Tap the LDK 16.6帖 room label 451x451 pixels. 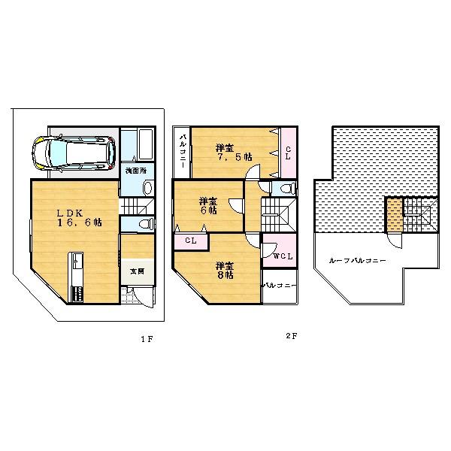tap(77, 217)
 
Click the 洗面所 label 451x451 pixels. tap(136, 171)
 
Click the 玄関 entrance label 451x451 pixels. tap(136, 271)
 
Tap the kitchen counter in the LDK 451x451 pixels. tap(77, 278)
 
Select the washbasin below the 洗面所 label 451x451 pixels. tap(147, 187)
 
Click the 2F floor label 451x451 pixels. tap(291, 336)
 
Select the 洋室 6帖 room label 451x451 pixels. tap(208, 206)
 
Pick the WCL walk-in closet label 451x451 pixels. tap(283, 258)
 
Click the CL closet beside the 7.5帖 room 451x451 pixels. tap(288, 153)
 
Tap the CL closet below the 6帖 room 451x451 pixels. tap(191, 241)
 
